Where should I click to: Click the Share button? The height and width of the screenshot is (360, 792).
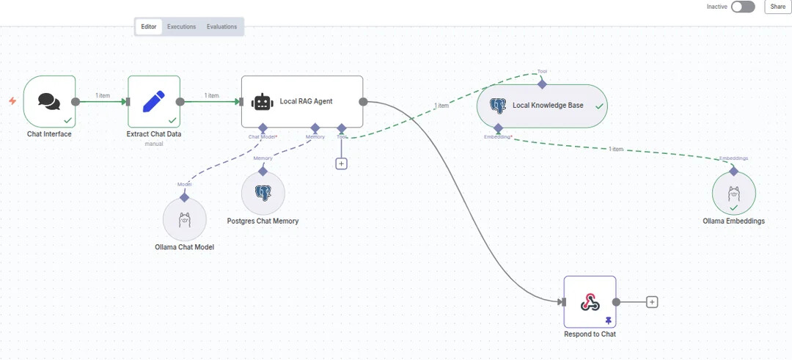pyautogui.click(x=777, y=7)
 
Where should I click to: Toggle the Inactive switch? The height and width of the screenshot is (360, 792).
pyautogui.click(x=742, y=7)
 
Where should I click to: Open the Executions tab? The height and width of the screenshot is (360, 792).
pyautogui.click(x=181, y=27)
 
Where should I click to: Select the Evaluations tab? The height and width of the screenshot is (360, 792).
pyautogui.click(x=221, y=27)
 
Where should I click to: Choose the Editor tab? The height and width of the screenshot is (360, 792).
pyautogui.click(x=149, y=27)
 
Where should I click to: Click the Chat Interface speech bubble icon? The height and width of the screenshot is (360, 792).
pyautogui.click(x=49, y=102)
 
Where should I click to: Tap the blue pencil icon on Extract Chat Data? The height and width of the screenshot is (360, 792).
pyautogui.click(x=154, y=102)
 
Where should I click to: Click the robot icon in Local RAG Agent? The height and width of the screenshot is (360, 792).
pyautogui.click(x=262, y=102)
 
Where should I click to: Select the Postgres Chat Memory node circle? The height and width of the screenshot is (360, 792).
pyautogui.click(x=263, y=193)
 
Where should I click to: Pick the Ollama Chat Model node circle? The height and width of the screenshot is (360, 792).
pyautogui.click(x=185, y=219)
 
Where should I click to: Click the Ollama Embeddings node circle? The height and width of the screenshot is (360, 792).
pyautogui.click(x=733, y=194)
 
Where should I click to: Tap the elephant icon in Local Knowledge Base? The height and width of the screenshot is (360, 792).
pyautogui.click(x=498, y=106)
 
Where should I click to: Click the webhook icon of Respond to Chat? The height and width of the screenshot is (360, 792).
pyautogui.click(x=590, y=301)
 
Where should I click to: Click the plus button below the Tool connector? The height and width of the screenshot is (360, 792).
pyautogui.click(x=341, y=164)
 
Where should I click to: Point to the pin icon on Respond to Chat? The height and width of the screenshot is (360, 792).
pyautogui.click(x=608, y=320)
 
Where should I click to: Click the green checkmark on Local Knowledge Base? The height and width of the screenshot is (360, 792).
pyautogui.click(x=599, y=106)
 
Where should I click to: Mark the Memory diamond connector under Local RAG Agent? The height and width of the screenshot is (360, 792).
pyautogui.click(x=315, y=128)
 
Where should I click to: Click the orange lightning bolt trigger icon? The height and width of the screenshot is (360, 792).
pyautogui.click(x=12, y=101)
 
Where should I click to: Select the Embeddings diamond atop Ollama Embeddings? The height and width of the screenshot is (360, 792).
pyautogui.click(x=733, y=171)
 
